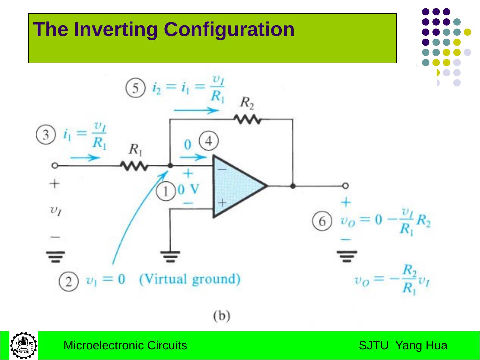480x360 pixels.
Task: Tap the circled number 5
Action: (135, 88)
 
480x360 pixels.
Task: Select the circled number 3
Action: (46, 135)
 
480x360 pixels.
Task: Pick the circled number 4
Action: (209, 141)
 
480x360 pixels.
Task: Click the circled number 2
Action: (69, 282)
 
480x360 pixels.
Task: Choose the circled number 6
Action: (322, 221)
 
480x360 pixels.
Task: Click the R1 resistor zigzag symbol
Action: (134, 166)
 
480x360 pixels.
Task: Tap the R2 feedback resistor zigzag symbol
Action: (247, 119)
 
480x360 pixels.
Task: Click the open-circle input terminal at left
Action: (55, 166)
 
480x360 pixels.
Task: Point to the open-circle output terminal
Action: (346, 186)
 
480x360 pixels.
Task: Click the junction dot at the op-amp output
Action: (293, 186)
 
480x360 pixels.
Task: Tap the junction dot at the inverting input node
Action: (170, 166)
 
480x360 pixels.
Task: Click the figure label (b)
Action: (222, 315)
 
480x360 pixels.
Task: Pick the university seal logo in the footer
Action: (24, 346)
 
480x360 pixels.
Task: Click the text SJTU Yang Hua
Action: (403, 346)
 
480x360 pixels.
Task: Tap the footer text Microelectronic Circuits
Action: (125, 346)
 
